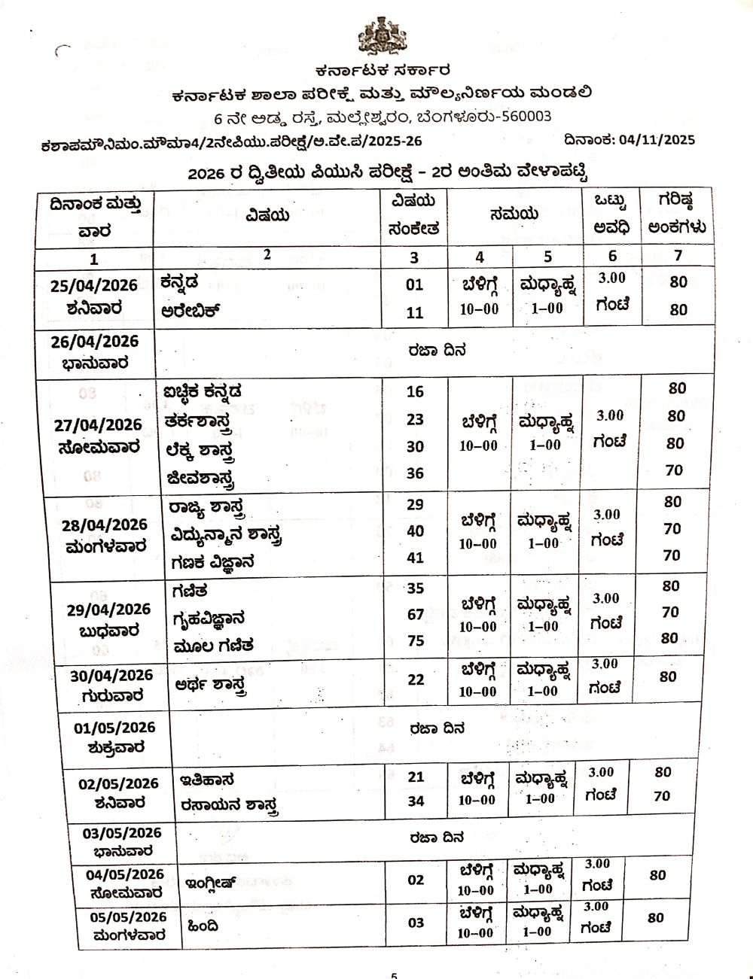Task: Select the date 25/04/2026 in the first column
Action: tap(94, 285)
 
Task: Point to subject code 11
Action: tap(415, 312)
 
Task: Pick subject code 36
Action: tap(415, 473)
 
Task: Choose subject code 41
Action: tap(415, 558)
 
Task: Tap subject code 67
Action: tap(416, 614)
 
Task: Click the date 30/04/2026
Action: tap(111, 676)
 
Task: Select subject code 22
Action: tap(416, 679)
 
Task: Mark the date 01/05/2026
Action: tap(114, 728)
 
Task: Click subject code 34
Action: tap(416, 801)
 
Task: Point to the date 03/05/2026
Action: tap(122, 833)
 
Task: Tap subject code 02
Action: tap(416, 880)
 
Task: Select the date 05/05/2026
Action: tap(128, 917)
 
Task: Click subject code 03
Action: tap(416, 923)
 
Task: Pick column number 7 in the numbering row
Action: tap(678, 256)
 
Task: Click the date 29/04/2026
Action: tap(108, 610)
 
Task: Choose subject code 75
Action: tap(416, 641)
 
